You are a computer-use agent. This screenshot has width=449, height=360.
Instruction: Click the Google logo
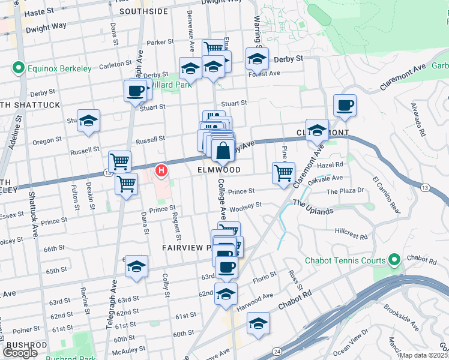(x=20, y=353)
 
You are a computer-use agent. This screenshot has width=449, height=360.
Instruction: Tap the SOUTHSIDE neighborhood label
(x=143, y=11)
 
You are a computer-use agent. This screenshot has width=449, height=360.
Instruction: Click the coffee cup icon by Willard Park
(x=135, y=92)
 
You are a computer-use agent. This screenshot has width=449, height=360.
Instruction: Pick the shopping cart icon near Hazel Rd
(x=283, y=173)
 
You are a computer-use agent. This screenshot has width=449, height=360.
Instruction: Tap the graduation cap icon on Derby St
(x=257, y=59)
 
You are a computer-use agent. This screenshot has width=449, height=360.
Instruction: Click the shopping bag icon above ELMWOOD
(x=223, y=152)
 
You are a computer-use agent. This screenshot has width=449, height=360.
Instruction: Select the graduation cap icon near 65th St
(x=137, y=266)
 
